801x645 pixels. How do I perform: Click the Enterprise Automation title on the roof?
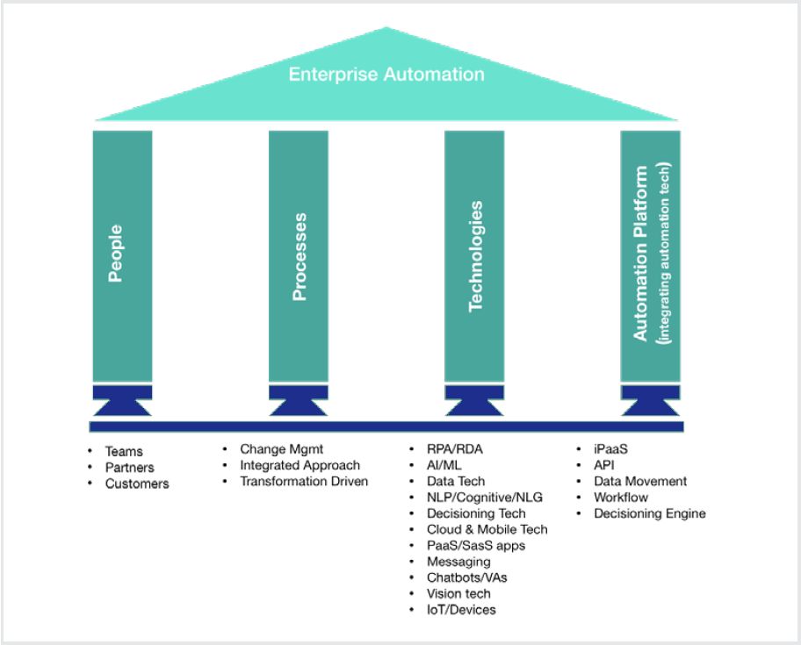pyautogui.click(x=386, y=75)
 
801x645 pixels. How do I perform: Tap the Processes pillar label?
pyautogui.click(x=299, y=255)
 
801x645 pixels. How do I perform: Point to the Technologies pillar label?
pyautogui.click(x=475, y=256)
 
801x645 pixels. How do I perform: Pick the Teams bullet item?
pyautogui.click(x=124, y=452)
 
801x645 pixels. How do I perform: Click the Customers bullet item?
pyautogui.click(x=137, y=484)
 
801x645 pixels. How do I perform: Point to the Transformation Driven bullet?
pyautogui.click(x=304, y=480)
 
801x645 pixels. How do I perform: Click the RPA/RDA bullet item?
pyautogui.click(x=455, y=448)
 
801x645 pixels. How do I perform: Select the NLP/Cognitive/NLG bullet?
pyautogui.click(x=485, y=497)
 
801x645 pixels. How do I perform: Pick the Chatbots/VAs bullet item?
pyautogui.click(x=466, y=577)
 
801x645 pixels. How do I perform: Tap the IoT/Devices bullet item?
pyautogui.click(x=461, y=609)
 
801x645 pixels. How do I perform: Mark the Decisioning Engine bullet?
pyautogui.click(x=649, y=513)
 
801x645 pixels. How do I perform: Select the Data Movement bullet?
pyautogui.click(x=640, y=481)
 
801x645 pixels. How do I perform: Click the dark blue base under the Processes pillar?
pyautogui.click(x=298, y=400)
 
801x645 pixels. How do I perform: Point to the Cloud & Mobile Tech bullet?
pyautogui.click(x=487, y=529)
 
